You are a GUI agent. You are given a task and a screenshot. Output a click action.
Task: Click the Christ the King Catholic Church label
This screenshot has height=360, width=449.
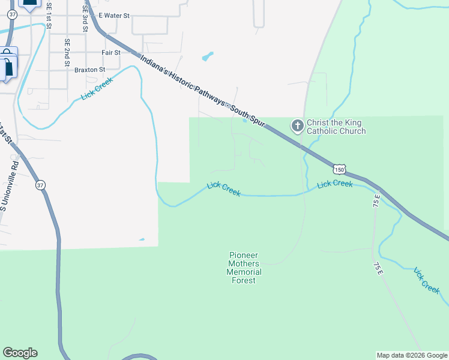[x=336, y=127]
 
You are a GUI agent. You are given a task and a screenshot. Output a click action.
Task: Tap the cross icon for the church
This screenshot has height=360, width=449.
[x=297, y=126]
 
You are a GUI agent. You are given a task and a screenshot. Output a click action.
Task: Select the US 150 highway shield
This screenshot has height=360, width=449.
[x=340, y=170]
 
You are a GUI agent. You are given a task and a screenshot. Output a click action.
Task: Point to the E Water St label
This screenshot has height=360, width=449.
[x=113, y=16]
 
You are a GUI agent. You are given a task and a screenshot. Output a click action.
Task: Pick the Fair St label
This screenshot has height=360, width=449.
[x=111, y=53]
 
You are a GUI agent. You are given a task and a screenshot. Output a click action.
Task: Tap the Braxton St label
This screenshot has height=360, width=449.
[x=89, y=70]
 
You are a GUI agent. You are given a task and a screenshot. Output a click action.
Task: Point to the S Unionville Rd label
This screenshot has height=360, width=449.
[x=10, y=185]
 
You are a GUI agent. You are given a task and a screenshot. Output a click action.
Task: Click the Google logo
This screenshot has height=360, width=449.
[x=20, y=353]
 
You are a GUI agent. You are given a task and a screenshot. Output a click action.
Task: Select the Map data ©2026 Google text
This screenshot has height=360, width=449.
[x=411, y=355]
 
